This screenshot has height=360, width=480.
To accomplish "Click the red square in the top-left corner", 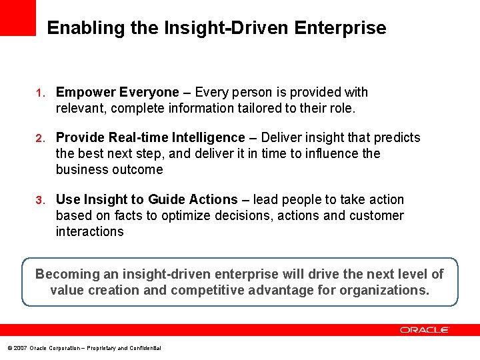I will pos(17,17).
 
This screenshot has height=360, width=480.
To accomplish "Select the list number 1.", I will pos(40,93).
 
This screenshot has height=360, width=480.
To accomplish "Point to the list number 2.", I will pos(40,138).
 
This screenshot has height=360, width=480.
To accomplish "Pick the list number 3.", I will pos(40,200).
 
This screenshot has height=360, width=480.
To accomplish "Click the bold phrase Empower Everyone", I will pos(117,92).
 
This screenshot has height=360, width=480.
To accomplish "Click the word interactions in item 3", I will pos(89,231).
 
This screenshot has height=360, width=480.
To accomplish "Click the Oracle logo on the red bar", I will pos(425,330).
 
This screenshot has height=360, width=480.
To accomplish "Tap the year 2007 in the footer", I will pos(19,348).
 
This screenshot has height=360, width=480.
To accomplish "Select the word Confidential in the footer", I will pos(145,348).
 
